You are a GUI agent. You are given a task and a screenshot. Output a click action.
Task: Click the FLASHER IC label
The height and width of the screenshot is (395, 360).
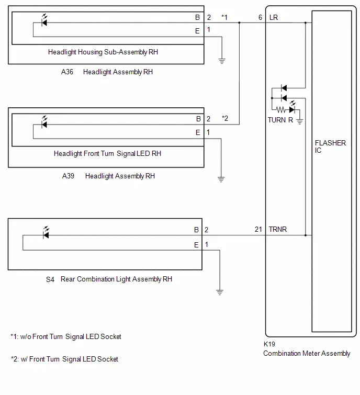pyautogui.click(x=330, y=146)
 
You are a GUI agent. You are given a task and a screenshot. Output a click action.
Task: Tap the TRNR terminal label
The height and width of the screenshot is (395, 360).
pyautogui.click(x=278, y=229)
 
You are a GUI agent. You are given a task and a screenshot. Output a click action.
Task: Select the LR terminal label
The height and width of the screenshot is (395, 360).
pyautogui.click(x=274, y=17)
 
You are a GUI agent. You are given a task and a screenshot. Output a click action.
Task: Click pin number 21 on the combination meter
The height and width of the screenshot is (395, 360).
pyautogui.click(x=258, y=229)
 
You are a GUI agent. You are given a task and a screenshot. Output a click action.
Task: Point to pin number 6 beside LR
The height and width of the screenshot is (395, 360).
pyautogui.click(x=260, y=17)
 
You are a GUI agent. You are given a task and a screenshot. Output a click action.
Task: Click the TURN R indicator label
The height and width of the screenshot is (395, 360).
pyautogui.click(x=280, y=120)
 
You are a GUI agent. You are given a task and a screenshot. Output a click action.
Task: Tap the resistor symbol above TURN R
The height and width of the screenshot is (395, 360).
pyautogui.click(x=280, y=110)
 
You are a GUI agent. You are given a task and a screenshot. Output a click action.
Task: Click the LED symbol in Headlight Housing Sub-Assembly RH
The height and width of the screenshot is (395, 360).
pyautogui.click(x=44, y=20)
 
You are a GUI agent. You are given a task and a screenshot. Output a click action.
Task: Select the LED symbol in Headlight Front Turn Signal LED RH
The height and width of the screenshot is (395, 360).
pyautogui.click(x=44, y=122)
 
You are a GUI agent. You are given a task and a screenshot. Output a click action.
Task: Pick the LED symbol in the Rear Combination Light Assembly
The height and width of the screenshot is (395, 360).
pyautogui.click(x=46, y=233)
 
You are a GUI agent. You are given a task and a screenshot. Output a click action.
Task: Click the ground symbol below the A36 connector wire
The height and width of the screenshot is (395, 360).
pyautogui.click(x=222, y=61)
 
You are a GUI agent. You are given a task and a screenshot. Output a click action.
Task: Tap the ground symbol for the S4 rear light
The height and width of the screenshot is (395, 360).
pyautogui.click(x=220, y=292)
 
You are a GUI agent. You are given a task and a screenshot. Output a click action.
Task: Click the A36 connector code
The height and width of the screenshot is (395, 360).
pyautogui.click(x=67, y=72)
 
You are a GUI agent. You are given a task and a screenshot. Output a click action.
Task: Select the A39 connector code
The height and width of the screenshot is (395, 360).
pyautogui.click(x=68, y=176)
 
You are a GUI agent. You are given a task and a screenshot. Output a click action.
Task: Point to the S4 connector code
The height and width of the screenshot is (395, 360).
pyautogui.click(x=50, y=279)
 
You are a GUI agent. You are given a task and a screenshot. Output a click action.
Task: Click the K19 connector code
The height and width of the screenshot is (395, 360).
pyautogui.click(x=269, y=344)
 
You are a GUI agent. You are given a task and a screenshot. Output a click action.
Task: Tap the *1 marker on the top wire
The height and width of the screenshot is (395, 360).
pyautogui.click(x=224, y=17)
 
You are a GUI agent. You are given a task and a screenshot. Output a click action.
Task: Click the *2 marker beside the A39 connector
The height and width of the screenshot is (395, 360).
pyautogui.click(x=225, y=118)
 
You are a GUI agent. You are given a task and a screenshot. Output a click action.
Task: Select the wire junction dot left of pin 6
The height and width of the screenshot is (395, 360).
pyautogui.click(x=239, y=22)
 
